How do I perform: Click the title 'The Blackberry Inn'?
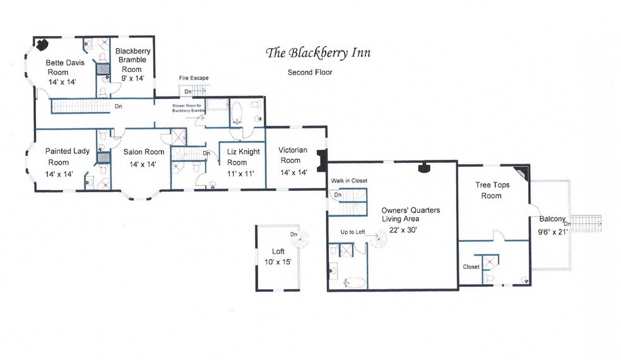tap(318, 52)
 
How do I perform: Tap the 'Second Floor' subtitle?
tap(309, 72)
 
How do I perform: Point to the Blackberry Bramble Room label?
tap(131, 60)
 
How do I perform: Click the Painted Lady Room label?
tap(59, 157)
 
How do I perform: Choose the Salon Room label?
tap(143, 152)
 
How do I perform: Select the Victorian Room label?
tap(293, 155)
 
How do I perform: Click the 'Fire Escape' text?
tap(194, 78)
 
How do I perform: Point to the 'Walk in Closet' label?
tap(349, 181)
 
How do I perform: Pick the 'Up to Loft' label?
tap(353, 232)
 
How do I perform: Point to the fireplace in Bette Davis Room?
tap(42, 44)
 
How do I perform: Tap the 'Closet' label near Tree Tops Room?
tap(471, 267)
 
